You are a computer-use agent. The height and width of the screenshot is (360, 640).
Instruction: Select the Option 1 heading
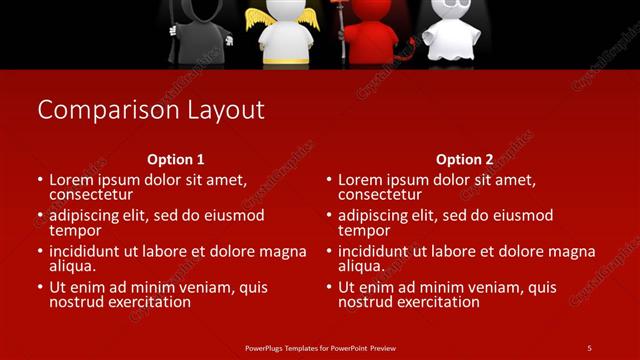[176, 159]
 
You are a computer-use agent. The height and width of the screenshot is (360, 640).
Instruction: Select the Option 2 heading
[464, 159]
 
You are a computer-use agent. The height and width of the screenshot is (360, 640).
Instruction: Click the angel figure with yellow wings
[288, 33]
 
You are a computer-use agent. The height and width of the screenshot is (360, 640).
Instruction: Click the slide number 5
[589, 347]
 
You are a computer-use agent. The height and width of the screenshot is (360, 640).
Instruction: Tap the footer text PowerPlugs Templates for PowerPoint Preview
[319, 347]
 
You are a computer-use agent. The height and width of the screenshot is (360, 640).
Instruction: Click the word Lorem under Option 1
[73, 180]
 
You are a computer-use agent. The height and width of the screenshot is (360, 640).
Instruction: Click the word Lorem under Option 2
[362, 180]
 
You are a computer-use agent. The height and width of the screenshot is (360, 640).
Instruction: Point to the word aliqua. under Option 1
[73, 266]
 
